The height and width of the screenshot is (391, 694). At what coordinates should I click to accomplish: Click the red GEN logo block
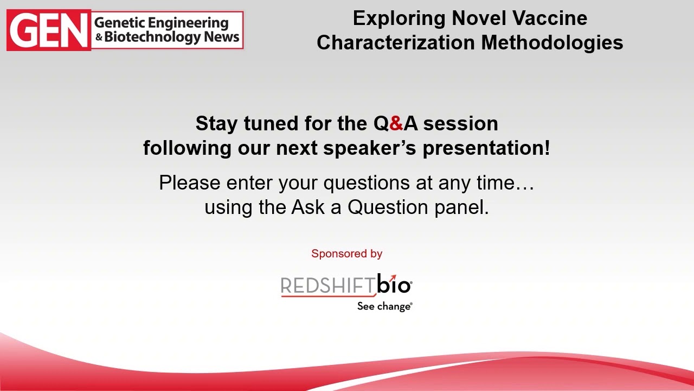[48, 31]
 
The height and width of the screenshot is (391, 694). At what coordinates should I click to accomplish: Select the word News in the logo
[221, 37]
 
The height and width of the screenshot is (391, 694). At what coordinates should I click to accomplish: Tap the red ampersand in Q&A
[396, 124]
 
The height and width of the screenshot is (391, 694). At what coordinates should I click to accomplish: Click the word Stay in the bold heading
[216, 124]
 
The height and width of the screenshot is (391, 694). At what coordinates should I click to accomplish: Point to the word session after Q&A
[460, 124]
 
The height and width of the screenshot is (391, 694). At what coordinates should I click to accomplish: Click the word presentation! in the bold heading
[486, 148]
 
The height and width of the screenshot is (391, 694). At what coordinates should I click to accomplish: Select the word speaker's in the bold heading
[370, 148]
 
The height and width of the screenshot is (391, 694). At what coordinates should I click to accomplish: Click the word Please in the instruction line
[189, 183]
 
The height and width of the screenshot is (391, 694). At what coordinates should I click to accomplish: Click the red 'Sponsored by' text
[347, 254]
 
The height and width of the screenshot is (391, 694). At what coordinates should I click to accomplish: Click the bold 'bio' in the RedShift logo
[394, 284]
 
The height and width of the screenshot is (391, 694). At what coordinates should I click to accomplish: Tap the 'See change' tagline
[384, 306]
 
